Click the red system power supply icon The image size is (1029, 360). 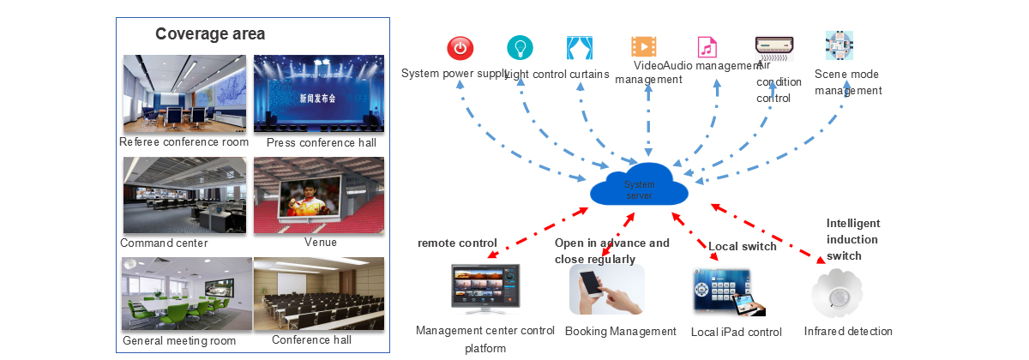(460, 48)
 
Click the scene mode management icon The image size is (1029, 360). (839, 45)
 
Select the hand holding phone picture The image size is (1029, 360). (606, 289)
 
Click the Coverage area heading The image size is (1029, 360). (210, 34)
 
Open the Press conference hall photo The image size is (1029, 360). (319, 94)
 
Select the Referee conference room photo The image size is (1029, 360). (185, 94)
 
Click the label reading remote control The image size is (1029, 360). (457, 243)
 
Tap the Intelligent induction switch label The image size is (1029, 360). (852, 239)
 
